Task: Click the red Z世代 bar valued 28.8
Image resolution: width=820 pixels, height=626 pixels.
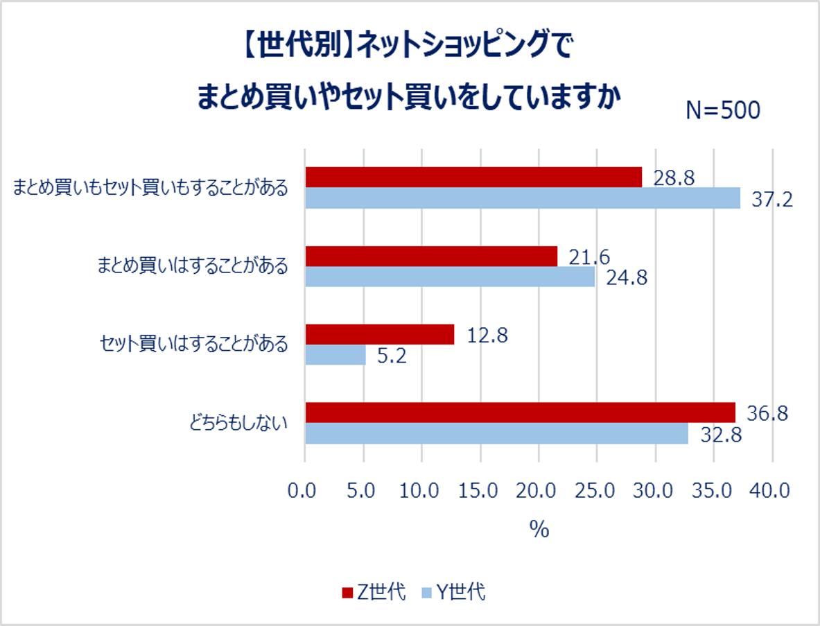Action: pos(473,177)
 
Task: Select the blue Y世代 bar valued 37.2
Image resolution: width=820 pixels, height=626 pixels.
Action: pos(523,198)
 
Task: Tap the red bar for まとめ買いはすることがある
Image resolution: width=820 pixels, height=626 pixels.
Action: pos(431,257)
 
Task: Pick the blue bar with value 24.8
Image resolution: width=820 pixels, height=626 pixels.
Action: pos(450,277)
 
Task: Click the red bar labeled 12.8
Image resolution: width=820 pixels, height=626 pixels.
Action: pos(380,335)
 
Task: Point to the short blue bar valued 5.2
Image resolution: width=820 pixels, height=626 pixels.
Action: pos(335,356)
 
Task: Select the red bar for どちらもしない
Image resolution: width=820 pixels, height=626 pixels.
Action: pos(520,412)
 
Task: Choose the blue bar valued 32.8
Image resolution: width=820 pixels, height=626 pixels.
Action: pos(496,434)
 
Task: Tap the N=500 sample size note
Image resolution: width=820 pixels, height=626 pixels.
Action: pos(722,110)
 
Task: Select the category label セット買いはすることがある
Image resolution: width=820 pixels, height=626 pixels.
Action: pos(193,345)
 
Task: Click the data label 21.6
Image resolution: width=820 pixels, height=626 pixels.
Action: pos(589,257)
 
